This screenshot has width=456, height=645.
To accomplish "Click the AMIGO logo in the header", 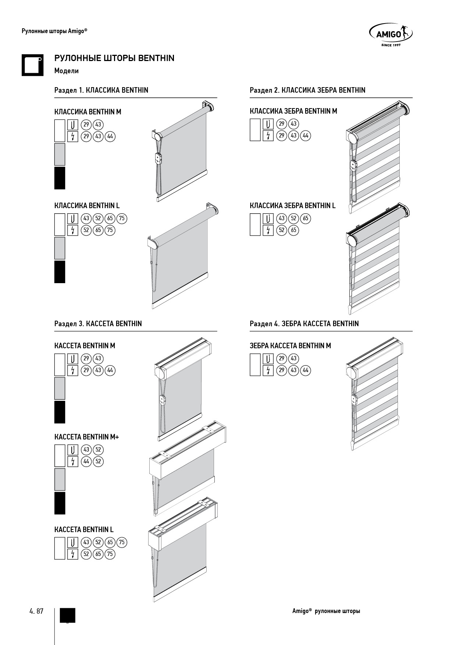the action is point(391,35).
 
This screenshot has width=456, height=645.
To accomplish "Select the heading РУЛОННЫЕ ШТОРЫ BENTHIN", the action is point(114,58).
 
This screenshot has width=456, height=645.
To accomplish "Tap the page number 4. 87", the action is point(36,611).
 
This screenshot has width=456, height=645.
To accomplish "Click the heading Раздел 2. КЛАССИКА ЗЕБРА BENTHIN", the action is point(307,90).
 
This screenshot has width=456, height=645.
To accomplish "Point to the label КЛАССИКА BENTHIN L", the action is point(87,206).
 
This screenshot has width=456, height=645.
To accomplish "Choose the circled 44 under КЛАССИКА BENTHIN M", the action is point(110,136).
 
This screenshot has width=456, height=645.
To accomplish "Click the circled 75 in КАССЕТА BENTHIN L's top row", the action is point(122,542).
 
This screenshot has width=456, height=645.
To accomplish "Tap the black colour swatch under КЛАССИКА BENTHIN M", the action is point(60,178).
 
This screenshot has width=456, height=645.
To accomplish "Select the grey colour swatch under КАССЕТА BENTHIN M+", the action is point(60,479).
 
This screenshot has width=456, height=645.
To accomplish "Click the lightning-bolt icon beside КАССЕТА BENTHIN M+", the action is point(73,462).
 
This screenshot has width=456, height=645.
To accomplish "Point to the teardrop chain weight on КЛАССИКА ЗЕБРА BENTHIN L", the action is point(349,309).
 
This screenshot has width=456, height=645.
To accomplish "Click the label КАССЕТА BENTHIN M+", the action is point(87,437).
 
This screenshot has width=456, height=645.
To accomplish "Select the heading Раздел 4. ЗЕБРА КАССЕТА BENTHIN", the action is point(304,324).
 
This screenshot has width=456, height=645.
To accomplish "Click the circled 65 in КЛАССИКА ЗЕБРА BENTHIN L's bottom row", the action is point(293,230).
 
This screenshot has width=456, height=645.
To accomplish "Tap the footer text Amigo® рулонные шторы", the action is point(326,611).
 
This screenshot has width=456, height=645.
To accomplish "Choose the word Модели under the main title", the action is point(67,71).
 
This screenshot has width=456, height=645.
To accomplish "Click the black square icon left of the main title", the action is point(33,65).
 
